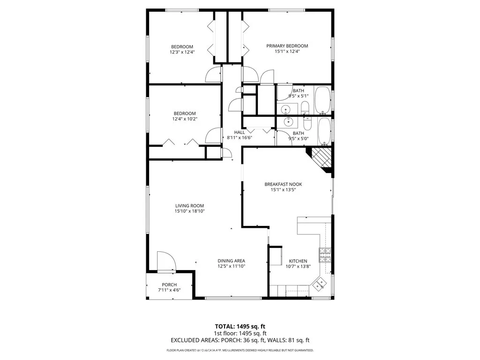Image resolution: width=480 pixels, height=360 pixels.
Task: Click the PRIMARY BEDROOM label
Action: click(x=287, y=46)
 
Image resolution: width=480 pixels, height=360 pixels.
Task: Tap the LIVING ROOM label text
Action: click(x=189, y=206)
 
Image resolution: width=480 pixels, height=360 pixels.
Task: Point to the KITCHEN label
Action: click(x=298, y=261)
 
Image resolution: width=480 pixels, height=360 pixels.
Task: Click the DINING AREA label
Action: click(x=231, y=261)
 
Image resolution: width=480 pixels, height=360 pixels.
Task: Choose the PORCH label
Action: click(x=169, y=285)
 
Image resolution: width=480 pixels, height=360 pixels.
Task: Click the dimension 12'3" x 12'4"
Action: click(x=182, y=52)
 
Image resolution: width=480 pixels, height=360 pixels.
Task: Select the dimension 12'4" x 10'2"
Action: click(x=185, y=119)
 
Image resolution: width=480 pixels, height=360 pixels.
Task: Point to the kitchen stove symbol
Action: click(x=325, y=255)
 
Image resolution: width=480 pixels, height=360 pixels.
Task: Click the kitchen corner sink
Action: click(x=320, y=283)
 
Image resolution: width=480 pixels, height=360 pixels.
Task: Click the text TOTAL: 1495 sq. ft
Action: click(x=240, y=326)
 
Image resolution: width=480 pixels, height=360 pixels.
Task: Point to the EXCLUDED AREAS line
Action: click(x=240, y=340)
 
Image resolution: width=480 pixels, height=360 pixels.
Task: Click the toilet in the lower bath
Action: click(x=307, y=124)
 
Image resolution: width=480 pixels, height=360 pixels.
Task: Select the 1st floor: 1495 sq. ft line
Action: click(x=240, y=333)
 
